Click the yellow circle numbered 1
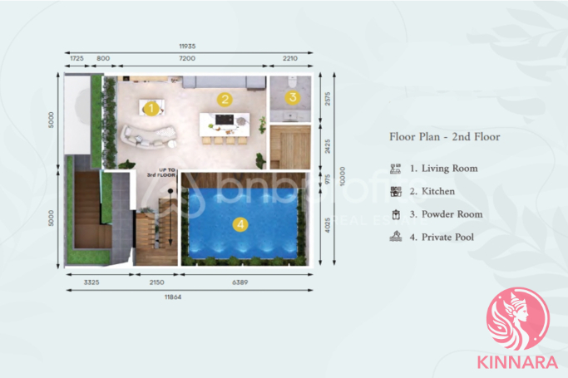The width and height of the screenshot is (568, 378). click(151, 108)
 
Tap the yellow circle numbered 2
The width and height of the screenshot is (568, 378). click(224, 100)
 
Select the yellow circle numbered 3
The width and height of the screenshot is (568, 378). click(292, 97)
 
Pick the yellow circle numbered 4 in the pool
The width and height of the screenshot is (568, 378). click(240, 224)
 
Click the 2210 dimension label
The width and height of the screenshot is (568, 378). click(290, 59)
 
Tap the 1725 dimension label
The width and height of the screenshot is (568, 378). click(76, 59)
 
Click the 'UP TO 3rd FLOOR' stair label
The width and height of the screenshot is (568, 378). click(161, 174)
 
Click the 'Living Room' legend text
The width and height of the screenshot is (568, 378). click(449, 169)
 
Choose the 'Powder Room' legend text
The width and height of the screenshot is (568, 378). click(452, 214)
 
